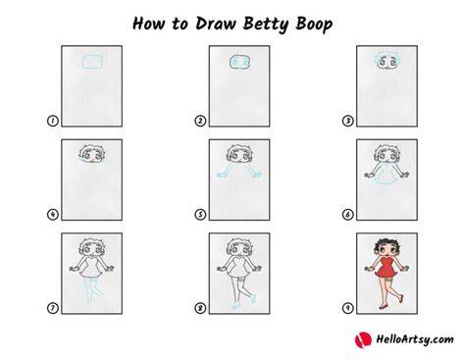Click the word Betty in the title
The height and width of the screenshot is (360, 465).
click(266, 25)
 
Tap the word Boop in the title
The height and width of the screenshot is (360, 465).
click(314, 25)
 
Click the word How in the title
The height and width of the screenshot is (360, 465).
click(147, 24)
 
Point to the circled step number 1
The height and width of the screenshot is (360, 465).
click(52, 121)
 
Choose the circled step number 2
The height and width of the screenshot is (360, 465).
click(200, 121)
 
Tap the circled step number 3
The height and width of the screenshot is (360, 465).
click(347, 121)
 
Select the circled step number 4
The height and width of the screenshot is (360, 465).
click(52, 215)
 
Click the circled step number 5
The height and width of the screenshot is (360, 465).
click(200, 215)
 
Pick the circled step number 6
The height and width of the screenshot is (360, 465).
click(347, 215)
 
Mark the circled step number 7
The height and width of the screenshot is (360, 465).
click(52, 308)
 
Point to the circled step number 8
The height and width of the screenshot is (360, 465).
click(200, 308)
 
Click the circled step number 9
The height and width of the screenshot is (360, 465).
click(347, 308)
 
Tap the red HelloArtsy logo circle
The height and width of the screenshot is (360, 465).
click(363, 339)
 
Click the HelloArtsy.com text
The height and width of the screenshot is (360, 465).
click(415, 339)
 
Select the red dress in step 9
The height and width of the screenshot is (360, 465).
click(387, 268)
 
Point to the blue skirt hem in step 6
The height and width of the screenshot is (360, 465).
click(387, 184)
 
